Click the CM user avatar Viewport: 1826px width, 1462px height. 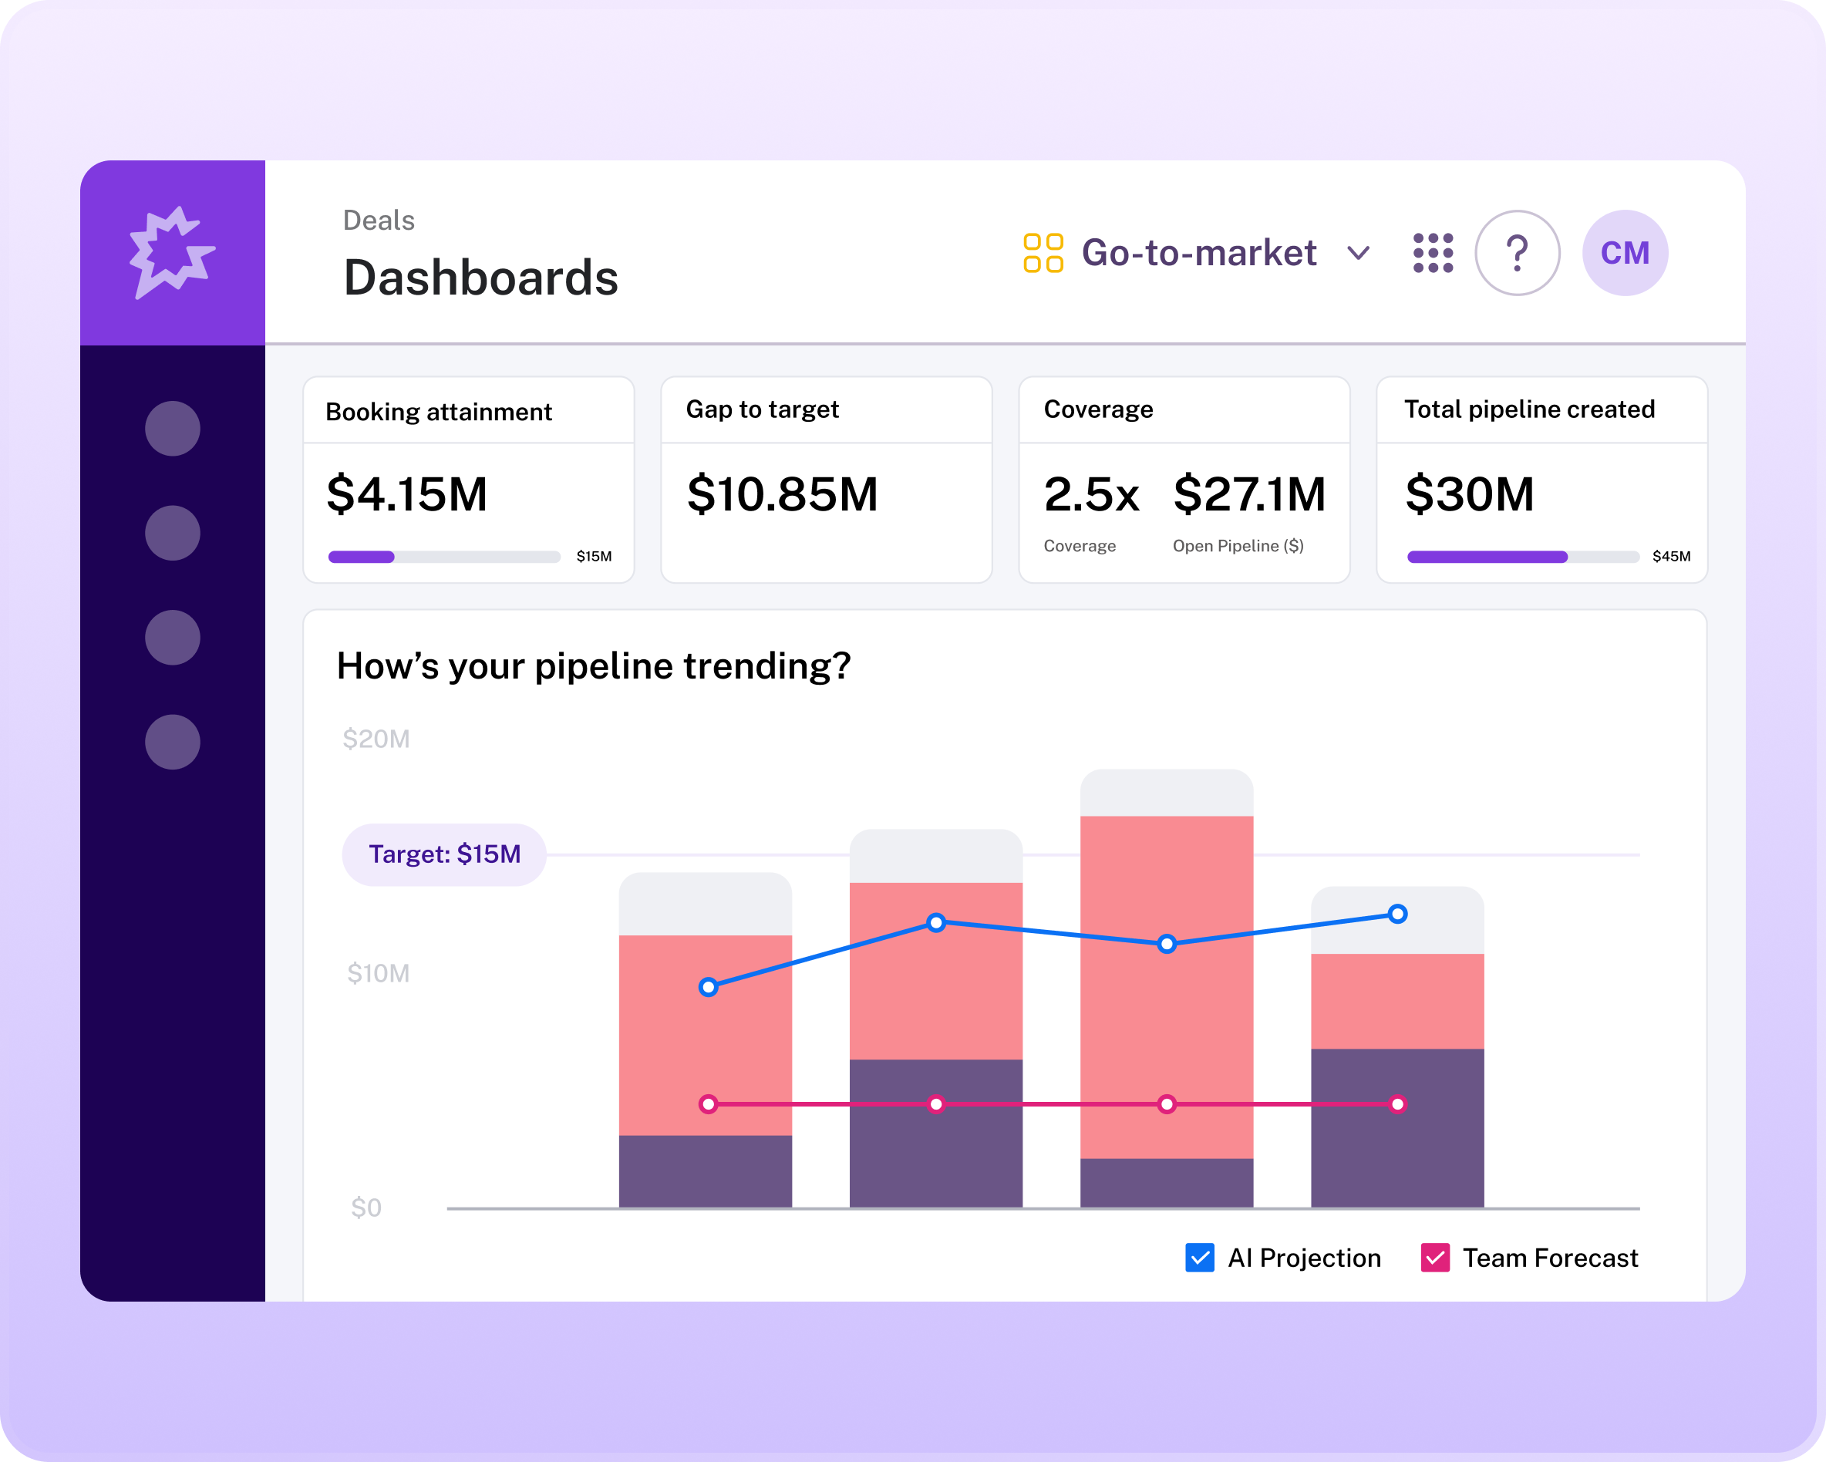click(x=1625, y=252)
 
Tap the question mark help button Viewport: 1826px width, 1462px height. click(x=1517, y=252)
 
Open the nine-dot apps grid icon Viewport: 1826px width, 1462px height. click(x=1433, y=252)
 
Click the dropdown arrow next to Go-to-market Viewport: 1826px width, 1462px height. click(x=1358, y=253)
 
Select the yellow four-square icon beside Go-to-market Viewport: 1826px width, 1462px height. click(x=1043, y=252)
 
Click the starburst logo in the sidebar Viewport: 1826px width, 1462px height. click(x=172, y=251)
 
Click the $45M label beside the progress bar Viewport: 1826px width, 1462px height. click(x=1671, y=557)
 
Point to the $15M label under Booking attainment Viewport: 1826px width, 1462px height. click(x=594, y=557)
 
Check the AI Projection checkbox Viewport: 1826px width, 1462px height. click(x=1199, y=1258)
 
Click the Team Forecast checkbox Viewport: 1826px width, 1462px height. click(x=1435, y=1258)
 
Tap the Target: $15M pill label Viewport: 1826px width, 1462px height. click(x=444, y=854)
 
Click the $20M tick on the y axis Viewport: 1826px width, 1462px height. click(x=376, y=739)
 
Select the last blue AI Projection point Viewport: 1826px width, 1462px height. click(x=1397, y=914)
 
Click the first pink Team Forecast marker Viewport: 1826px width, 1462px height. click(x=709, y=1103)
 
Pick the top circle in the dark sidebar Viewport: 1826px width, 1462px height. click(x=172, y=429)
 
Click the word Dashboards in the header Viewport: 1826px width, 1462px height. click(x=480, y=278)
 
